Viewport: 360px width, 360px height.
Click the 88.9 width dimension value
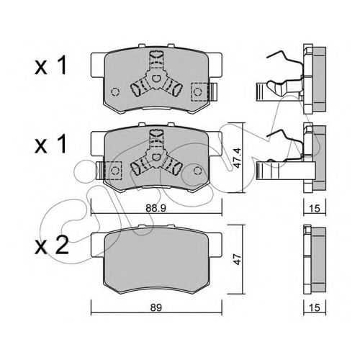click(156, 209)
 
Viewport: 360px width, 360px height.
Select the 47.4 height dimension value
click(238, 158)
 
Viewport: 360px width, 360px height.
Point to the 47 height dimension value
click(238, 259)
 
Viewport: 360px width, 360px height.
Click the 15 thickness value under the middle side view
click(315, 209)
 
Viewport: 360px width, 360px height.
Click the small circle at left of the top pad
click(115, 91)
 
